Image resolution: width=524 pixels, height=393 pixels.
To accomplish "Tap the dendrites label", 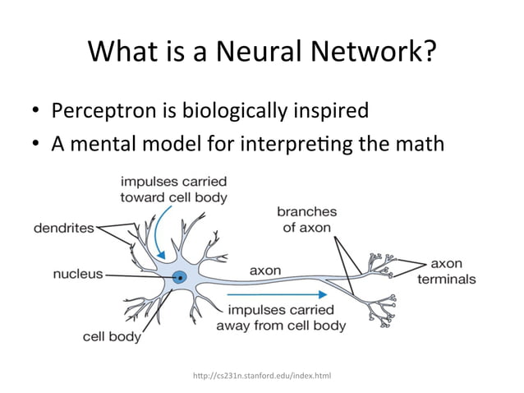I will click(x=63, y=228).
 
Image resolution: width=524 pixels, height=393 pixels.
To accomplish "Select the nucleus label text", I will click(x=78, y=275).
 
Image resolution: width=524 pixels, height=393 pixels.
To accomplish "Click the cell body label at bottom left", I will click(x=112, y=336).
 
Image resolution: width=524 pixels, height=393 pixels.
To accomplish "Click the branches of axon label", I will click(x=306, y=219).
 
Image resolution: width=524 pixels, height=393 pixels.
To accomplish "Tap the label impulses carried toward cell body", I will click(x=174, y=189).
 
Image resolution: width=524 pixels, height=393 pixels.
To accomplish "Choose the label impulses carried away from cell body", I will click(x=281, y=317).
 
